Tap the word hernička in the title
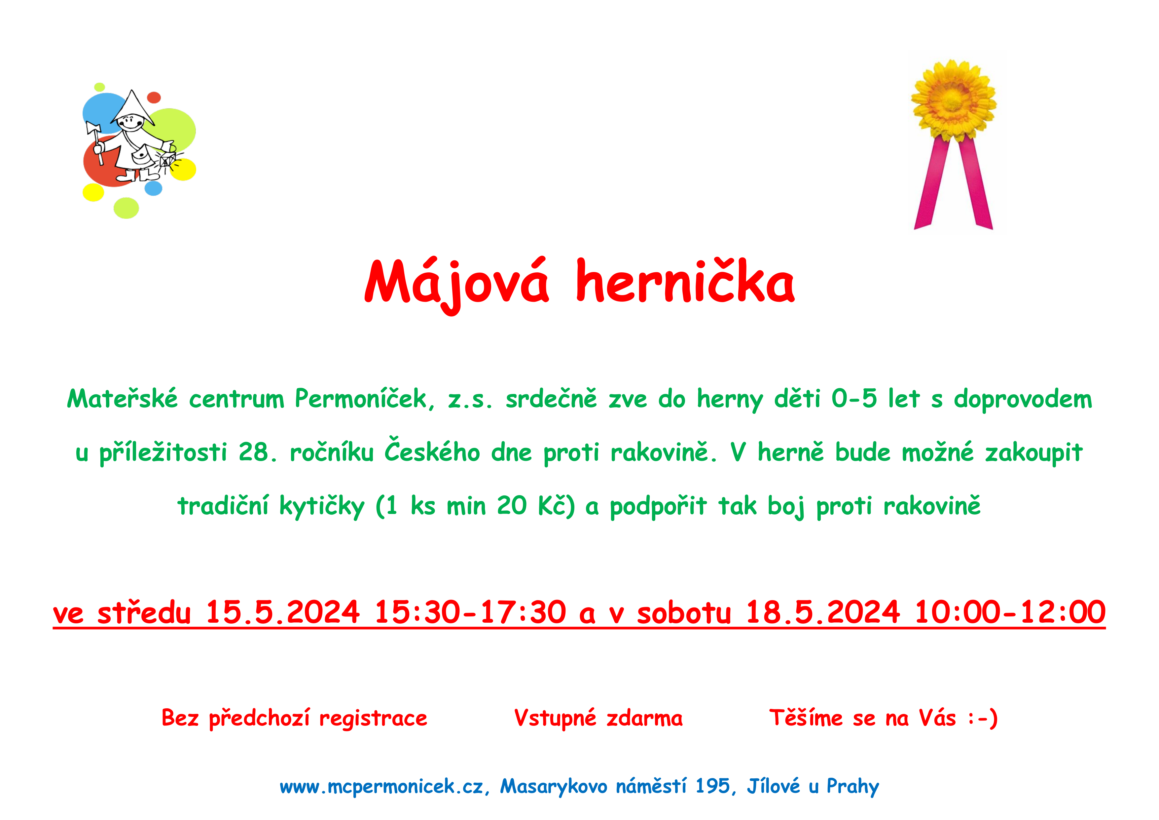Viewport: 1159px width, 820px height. pyautogui.click(x=685, y=280)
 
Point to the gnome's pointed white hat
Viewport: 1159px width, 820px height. pyautogui.click(x=133, y=108)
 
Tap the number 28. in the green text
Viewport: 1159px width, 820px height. pyautogui.click(x=258, y=452)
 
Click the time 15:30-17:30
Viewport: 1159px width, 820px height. pyautogui.click(x=470, y=613)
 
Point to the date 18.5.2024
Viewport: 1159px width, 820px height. pyautogui.click(x=823, y=613)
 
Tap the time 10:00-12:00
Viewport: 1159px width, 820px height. pyautogui.click(x=1010, y=613)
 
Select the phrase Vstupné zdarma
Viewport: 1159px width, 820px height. pyautogui.click(x=598, y=719)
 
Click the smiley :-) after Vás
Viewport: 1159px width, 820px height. pyautogui.click(x=983, y=719)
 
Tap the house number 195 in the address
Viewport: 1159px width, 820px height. pyautogui.click(x=713, y=787)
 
